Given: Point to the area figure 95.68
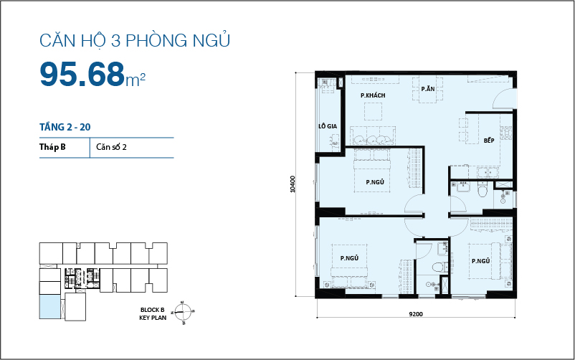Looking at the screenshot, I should click(x=82, y=74).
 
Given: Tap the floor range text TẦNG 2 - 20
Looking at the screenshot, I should click(x=65, y=127).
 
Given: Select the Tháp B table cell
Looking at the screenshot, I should click(x=53, y=147).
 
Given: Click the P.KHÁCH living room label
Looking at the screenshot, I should click(x=373, y=95).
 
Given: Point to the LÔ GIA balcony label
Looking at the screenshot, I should click(x=328, y=126).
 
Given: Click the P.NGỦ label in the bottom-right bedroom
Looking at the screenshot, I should click(x=480, y=260).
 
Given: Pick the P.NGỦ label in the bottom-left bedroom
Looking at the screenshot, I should click(x=349, y=257).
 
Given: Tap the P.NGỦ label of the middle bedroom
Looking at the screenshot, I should click(x=375, y=183).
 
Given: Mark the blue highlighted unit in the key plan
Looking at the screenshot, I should click(x=49, y=306).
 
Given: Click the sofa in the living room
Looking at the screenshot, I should click(x=372, y=136).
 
